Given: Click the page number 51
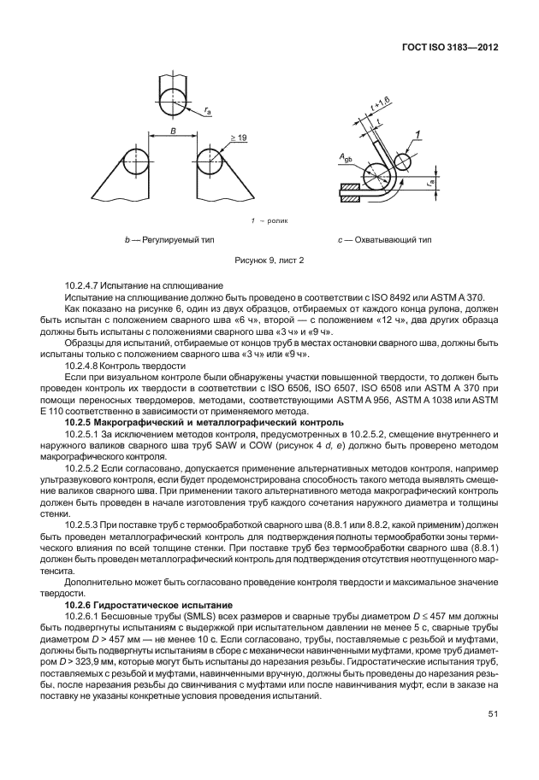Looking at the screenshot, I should [x=493, y=714].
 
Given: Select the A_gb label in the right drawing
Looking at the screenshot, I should [x=345, y=157].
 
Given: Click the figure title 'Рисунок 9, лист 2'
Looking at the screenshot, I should [x=269, y=260].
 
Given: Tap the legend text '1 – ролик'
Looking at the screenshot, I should [x=269, y=220].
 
